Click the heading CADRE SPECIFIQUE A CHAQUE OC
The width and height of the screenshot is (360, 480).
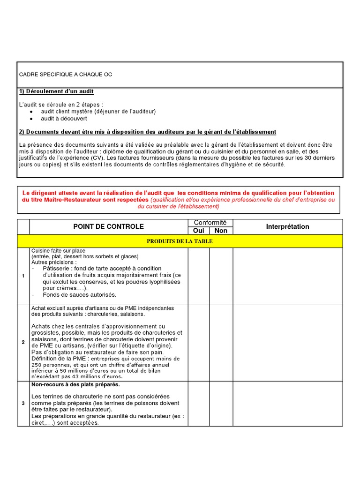66,75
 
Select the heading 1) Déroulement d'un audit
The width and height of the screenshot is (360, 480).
59,91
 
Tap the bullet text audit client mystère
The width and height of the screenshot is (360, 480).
98,112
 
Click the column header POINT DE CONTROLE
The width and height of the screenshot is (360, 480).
108,226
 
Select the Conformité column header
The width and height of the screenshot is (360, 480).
210,223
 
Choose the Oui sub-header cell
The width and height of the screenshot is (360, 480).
198,231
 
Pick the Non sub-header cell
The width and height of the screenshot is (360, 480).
221,231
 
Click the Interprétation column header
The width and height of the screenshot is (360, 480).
287,226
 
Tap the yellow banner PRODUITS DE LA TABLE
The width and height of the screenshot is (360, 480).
180,241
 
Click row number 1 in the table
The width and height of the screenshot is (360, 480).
23,276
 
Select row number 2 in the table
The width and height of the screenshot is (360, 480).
23,342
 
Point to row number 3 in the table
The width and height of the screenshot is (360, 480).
23,403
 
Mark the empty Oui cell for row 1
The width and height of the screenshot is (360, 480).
198,276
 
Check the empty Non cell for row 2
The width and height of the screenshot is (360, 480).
221,342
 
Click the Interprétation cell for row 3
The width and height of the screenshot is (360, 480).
287,403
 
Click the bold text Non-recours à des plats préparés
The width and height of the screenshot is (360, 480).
75,385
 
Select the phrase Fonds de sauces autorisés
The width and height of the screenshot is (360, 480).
79,295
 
